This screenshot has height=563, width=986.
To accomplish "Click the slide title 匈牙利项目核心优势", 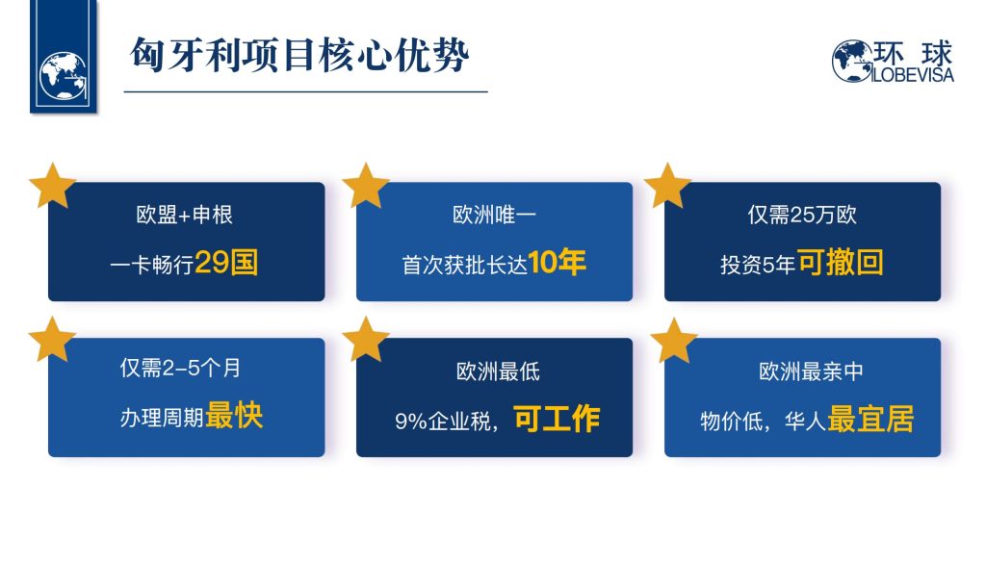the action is pos(299,55).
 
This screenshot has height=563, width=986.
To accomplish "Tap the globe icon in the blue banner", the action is pos(63,75).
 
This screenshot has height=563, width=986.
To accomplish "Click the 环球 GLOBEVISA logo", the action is pos(893,61).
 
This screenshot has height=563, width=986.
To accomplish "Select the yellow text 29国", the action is pos(226,262).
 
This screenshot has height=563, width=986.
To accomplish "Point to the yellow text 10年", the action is pos(558,262).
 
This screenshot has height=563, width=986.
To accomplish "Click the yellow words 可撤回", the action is pos(841,262).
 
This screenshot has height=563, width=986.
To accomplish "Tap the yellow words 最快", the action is pos(234,416).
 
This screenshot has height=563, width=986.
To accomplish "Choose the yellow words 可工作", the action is pos(557,419).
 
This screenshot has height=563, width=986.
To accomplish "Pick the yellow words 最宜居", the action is pos(870,419).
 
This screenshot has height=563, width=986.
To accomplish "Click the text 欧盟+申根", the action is pos(184,215).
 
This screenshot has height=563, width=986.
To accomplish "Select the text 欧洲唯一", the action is pos(494,215).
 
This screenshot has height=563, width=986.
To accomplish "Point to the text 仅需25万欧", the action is pos(802,215).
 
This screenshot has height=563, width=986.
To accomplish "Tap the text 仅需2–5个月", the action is pos(180,368).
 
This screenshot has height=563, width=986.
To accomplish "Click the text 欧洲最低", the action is pos(498,371).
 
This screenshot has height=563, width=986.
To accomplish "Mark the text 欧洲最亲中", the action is pos(811,371).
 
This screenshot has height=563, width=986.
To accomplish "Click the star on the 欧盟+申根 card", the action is pos(53,186).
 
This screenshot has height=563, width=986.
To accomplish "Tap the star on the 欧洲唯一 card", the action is pos(365,186).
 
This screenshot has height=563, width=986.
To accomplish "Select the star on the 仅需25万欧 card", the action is pos(668,186).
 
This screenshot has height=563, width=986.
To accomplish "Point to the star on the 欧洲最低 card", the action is pos(365,340).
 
